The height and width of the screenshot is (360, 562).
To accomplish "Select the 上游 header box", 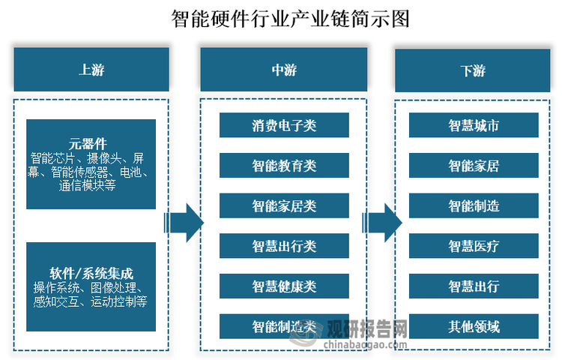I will (x=91, y=70).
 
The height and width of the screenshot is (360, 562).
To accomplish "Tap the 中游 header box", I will (x=284, y=70).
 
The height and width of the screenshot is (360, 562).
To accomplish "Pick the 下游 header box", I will (x=473, y=70).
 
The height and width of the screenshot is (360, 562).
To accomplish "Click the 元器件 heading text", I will (x=91, y=143).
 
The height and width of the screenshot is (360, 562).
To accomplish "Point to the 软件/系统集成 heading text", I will (x=91, y=272).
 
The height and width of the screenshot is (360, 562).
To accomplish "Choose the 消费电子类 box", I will (x=284, y=125).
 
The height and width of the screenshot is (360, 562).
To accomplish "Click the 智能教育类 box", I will (x=284, y=166).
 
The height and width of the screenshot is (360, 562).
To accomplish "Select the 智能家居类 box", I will (x=284, y=205).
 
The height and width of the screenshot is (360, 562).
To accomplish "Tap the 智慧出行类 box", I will (x=284, y=246).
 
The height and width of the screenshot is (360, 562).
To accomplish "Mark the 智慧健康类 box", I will (x=284, y=286).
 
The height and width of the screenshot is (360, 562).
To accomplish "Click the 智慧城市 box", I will (x=474, y=125).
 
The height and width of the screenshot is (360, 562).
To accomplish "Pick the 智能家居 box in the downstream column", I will (x=474, y=166).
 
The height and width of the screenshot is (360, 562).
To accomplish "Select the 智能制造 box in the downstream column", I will (x=474, y=205).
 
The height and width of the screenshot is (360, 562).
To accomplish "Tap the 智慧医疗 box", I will (x=474, y=246).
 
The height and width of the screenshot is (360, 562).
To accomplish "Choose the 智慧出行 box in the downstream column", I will (x=474, y=286).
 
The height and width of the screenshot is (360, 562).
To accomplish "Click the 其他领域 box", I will (x=474, y=326).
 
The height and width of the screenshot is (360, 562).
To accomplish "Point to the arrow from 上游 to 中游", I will (x=184, y=222).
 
